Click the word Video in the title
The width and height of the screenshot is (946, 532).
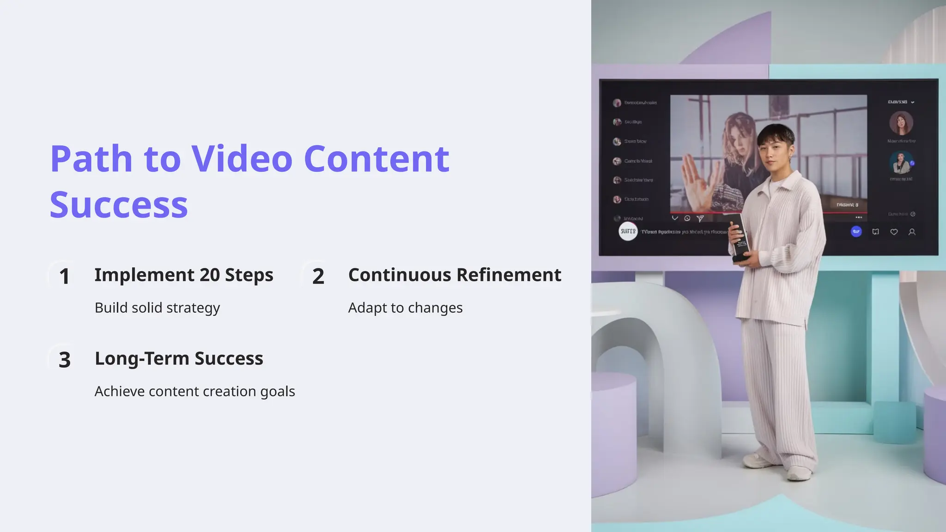(242, 159)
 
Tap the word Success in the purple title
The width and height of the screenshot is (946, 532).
(119, 205)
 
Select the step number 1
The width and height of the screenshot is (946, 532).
(64, 277)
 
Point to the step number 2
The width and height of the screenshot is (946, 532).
(318, 277)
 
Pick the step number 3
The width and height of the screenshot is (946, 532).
(65, 360)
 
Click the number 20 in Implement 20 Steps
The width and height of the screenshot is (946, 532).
(210, 275)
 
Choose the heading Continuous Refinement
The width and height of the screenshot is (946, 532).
(455, 275)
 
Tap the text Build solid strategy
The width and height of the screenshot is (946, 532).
(157, 308)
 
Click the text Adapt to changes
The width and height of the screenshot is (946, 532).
(405, 308)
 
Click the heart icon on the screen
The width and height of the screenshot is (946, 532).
(894, 232)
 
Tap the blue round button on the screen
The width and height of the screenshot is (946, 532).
(856, 231)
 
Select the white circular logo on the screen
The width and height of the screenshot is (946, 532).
(628, 231)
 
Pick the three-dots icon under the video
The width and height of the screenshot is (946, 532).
(859, 218)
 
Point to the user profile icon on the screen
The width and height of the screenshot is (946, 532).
(912, 232)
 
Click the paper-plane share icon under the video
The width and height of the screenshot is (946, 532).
(700, 218)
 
